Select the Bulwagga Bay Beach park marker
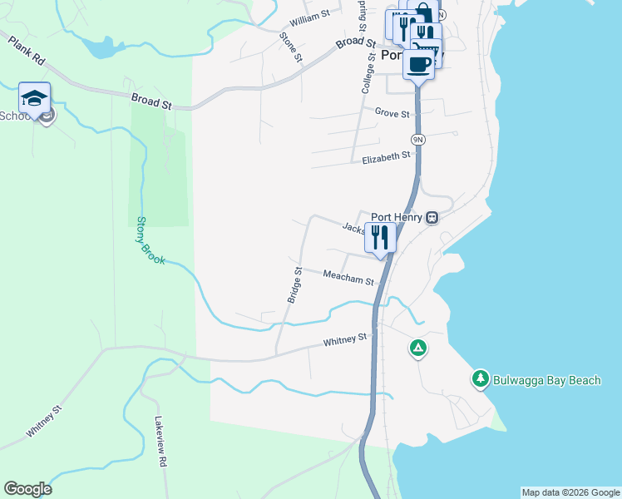pos(480,379)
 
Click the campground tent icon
pos(418,348)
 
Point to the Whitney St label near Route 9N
pos(345,340)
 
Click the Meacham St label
pos(348,278)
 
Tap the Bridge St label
pos(294,285)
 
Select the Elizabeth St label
pos(387,156)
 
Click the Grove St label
pos(392,113)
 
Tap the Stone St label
pos(292,47)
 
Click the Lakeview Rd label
pos(161,440)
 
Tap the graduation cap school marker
pos(34,99)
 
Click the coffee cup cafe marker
pos(419,64)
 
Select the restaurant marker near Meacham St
pos(380,238)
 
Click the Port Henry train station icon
pos(432,218)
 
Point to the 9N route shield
pos(417,139)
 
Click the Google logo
pos(27,489)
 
